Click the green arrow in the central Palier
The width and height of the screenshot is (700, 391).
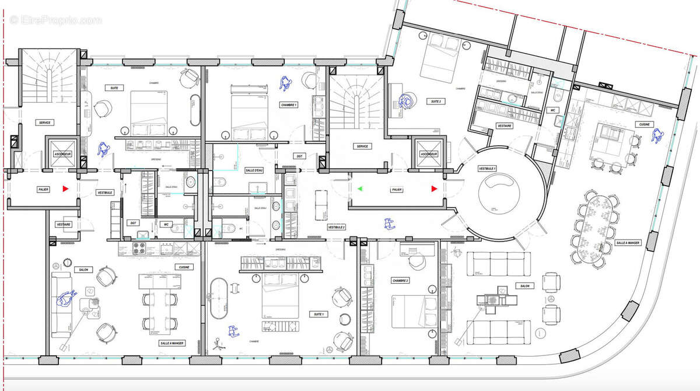pyautogui.click(x=360, y=188)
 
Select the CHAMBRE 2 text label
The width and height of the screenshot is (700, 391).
pyautogui.click(x=400, y=281)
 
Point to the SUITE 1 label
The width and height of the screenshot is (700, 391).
pyautogui.click(x=319, y=314)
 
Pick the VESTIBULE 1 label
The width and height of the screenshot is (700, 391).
pyautogui.click(x=487, y=168)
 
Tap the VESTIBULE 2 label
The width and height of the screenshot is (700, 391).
pyautogui.click(x=337, y=227)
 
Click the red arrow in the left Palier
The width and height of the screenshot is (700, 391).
pyautogui.click(x=66, y=188)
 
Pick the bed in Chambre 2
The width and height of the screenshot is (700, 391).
pyautogui.click(x=414, y=312)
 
